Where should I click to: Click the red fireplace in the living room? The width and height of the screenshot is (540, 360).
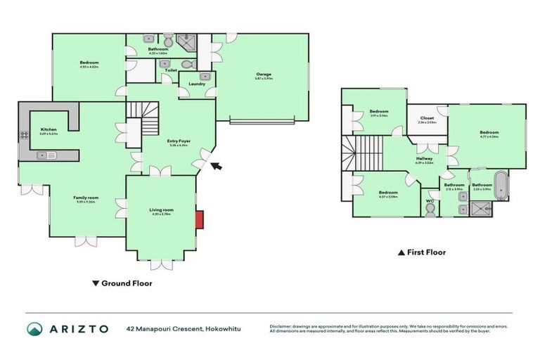tap(200, 219)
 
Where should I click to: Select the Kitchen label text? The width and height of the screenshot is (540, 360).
tap(49, 129)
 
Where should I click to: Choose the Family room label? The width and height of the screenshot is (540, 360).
tap(86, 198)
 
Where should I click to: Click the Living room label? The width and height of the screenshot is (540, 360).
tap(161, 210)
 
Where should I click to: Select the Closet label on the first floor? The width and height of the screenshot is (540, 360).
tap(427, 118)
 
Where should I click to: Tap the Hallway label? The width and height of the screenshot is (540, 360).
tap(424, 159)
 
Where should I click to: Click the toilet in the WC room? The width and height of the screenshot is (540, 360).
tap(430, 210)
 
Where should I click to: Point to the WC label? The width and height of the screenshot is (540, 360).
tap(430, 200)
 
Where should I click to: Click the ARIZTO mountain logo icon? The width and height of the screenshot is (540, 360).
tap(34, 328)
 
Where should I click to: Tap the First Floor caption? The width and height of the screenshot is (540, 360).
tap(426, 252)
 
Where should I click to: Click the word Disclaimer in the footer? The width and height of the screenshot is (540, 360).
tap(282, 326)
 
